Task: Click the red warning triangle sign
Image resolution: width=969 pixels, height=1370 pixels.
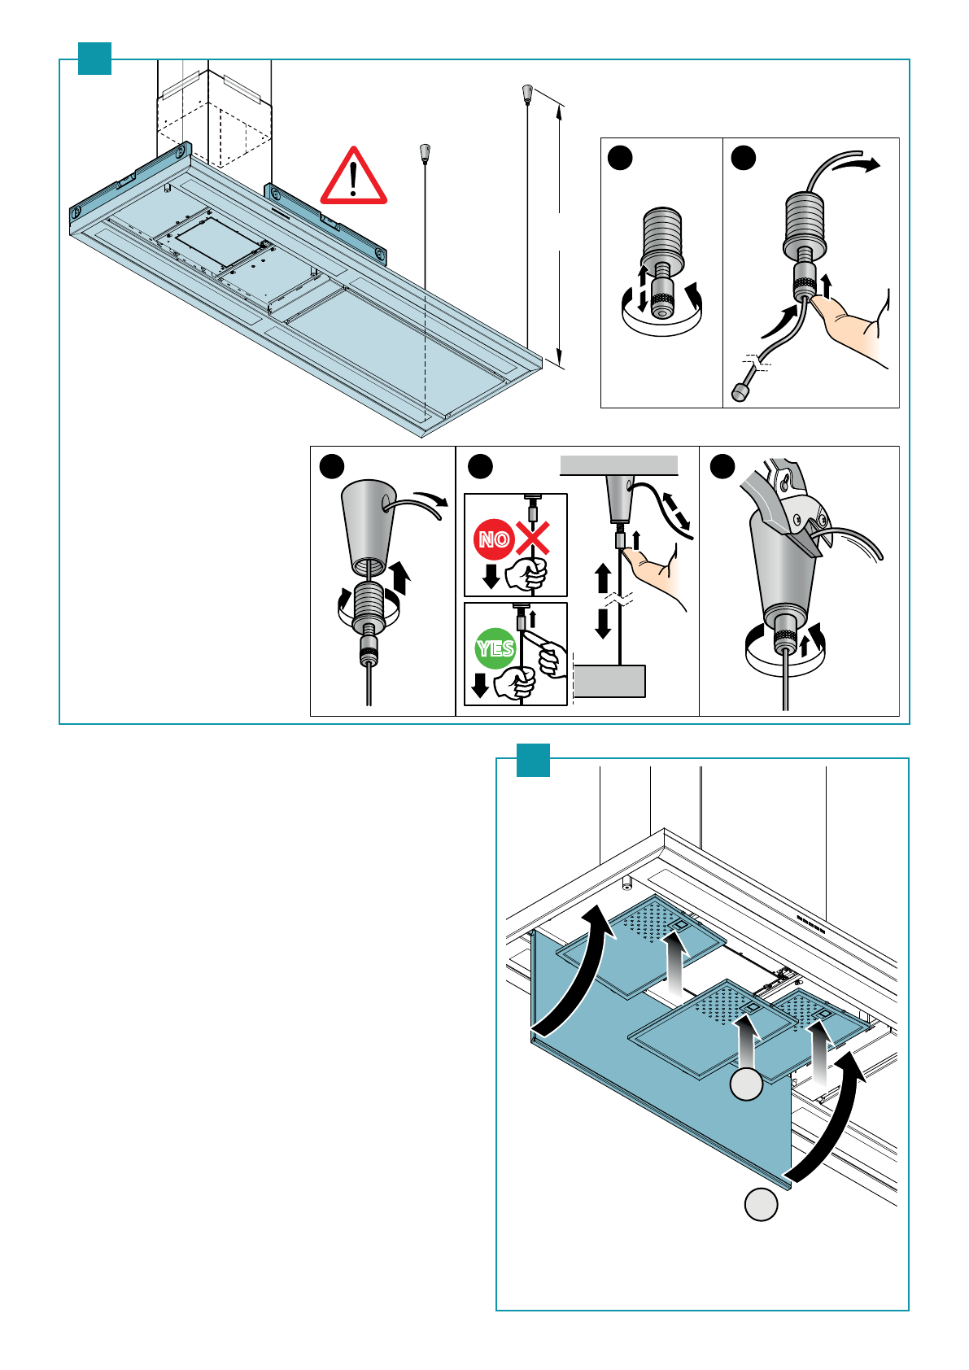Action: [353, 177]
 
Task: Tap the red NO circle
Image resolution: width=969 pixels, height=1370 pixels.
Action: [493, 539]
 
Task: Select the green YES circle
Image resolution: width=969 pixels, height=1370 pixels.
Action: [495, 648]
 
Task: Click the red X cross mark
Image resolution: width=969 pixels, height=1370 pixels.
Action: [534, 538]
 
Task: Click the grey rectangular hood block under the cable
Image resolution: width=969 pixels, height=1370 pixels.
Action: [609, 681]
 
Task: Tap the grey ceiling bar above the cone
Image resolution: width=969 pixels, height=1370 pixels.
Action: [618, 465]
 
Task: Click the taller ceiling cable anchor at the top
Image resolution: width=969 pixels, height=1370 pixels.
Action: [526, 91]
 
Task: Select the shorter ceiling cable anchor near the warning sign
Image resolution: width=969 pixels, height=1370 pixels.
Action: [424, 152]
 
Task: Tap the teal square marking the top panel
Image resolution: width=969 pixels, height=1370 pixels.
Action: [94, 58]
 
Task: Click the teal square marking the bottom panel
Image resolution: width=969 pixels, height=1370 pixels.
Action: [533, 760]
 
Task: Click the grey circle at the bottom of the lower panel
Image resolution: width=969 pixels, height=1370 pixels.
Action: [761, 1204]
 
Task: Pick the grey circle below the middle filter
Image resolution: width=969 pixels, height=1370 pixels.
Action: [746, 1084]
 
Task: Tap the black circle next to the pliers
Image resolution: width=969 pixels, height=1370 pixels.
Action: [722, 466]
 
